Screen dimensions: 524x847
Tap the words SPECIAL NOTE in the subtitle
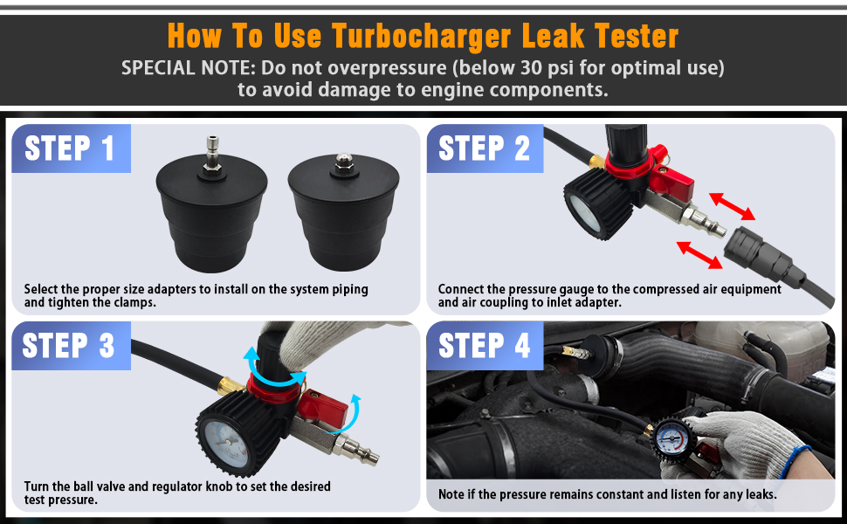[x=180, y=68]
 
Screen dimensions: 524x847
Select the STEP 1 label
[x=70, y=148]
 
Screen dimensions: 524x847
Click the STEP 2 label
[x=485, y=148]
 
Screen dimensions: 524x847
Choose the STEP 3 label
[x=70, y=346]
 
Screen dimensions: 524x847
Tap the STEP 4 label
[x=485, y=346]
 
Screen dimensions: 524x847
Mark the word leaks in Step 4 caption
[x=757, y=495]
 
